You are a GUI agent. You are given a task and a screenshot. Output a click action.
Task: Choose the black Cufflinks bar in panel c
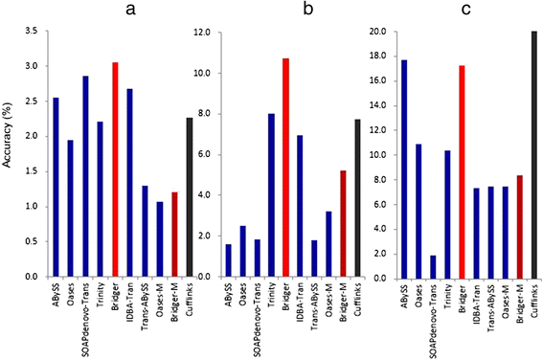[x=533, y=154]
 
